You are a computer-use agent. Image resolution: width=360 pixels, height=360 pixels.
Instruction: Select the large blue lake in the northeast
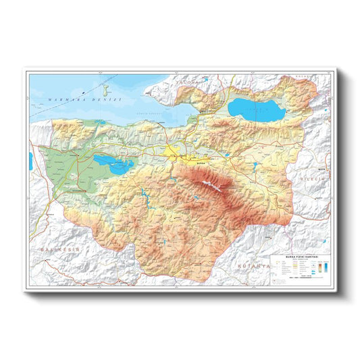click(x=257, y=109)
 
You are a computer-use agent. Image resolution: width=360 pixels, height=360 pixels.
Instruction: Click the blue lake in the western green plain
click(x=114, y=164)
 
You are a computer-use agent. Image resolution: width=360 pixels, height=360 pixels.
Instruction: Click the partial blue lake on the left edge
click(x=31, y=161)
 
